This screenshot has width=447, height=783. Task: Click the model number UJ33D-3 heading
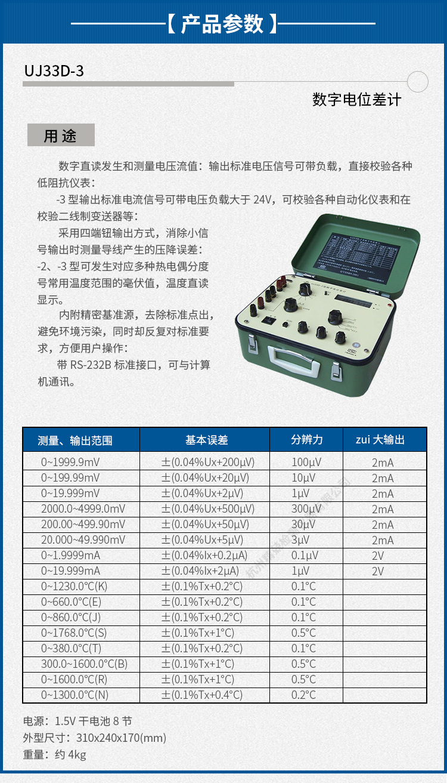click(x=54, y=71)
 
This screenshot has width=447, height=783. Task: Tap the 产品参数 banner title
click(x=222, y=24)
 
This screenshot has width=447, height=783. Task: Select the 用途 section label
click(x=61, y=135)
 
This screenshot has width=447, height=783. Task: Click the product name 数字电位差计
click(x=356, y=100)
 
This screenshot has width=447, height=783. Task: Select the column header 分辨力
click(x=307, y=440)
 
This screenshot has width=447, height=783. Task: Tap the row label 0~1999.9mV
click(x=70, y=463)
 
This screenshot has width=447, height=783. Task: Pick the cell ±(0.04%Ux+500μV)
click(x=208, y=509)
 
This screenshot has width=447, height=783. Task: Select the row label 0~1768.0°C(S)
click(x=74, y=633)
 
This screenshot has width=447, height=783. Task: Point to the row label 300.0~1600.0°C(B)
click(x=84, y=664)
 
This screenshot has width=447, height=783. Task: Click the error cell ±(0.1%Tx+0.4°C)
click(x=202, y=695)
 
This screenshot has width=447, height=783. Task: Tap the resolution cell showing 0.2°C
click(x=303, y=695)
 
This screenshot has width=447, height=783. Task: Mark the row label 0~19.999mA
click(x=70, y=571)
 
